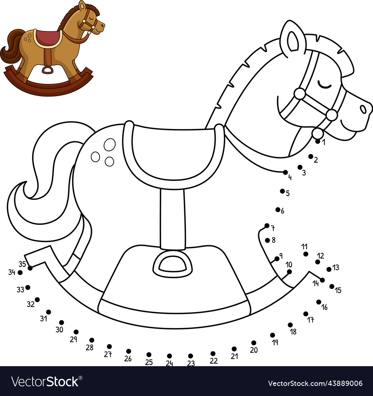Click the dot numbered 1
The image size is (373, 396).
click(x=318, y=142)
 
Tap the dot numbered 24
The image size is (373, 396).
click(x=169, y=356)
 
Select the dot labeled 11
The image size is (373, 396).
click(x=306, y=254)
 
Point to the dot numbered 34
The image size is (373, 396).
click(x=20, y=273)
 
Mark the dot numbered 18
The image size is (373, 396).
click(x=290, y=325)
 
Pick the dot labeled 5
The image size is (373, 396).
click(x=282, y=191)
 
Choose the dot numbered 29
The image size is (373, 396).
click(x=76, y=332)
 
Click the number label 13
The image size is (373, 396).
click(x=336, y=267)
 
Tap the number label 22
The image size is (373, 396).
click(x=213, y=361)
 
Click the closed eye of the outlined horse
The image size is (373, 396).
click(x=324, y=85)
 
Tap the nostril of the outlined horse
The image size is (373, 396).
click(x=363, y=109)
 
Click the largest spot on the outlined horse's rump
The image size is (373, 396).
click(x=110, y=145)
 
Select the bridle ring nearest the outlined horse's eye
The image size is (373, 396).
click(x=300, y=94)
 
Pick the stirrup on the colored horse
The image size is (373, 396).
click(x=47, y=70)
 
